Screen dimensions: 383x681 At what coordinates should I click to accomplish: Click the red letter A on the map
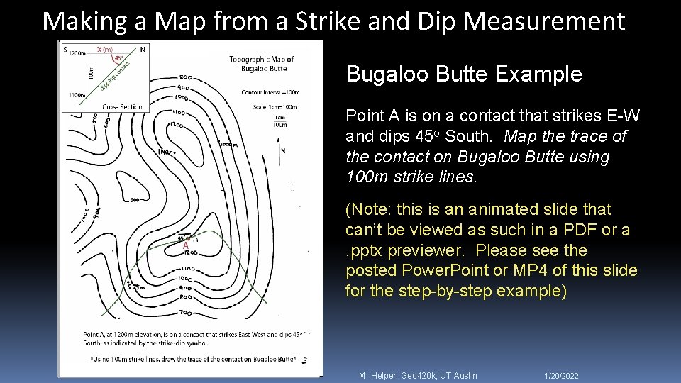pyautogui.click(x=186, y=246)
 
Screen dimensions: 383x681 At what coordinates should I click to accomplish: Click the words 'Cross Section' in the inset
pyautogui.click(x=122, y=107)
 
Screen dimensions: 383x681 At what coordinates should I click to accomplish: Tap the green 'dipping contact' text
pyautogui.click(x=113, y=75)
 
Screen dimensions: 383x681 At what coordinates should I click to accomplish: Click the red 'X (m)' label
pyautogui.click(x=104, y=49)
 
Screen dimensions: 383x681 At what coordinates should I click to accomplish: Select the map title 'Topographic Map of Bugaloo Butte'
pyautogui.click(x=262, y=64)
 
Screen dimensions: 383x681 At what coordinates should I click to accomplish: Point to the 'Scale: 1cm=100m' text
pyautogui.click(x=270, y=106)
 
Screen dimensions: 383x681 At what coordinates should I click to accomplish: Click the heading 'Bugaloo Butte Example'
pyautogui.click(x=464, y=74)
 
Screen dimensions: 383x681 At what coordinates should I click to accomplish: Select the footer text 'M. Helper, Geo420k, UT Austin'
pyautogui.click(x=418, y=375)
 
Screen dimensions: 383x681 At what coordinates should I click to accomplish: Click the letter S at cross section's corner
pyautogui.click(x=65, y=50)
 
